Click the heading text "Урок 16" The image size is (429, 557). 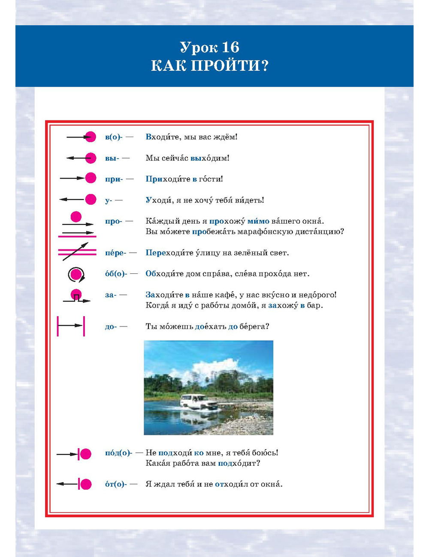coord(209,47)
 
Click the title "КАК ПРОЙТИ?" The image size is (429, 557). coord(209,66)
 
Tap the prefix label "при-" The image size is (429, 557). coord(114,179)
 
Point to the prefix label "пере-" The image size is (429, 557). coord(115,253)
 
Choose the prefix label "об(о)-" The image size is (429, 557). coord(116,274)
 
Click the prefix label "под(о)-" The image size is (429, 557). coord(118,453)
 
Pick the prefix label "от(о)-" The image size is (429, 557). coord(116,484)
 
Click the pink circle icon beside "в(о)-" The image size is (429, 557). coord(90,137)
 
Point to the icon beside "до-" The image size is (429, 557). coord(71,326)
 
